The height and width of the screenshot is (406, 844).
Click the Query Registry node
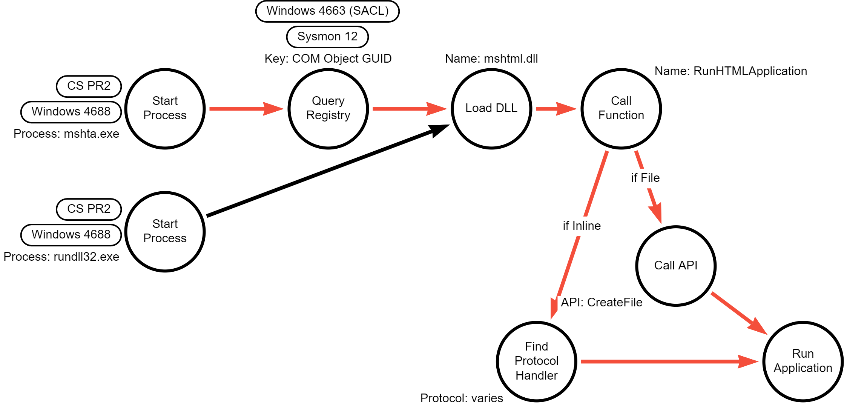click(x=328, y=108)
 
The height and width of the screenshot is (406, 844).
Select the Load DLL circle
click(x=491, y=108)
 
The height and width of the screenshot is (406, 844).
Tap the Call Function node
click(x=621, y=108)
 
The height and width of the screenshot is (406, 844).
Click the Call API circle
click(x=675, y=266)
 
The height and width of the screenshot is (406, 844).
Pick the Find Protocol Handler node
click(x=536, y=361)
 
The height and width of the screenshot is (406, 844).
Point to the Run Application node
click(x=803, y=361)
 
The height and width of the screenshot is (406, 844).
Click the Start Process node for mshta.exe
click(x=165, y=108)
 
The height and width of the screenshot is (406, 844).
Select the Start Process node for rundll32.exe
click(x=165, y=231)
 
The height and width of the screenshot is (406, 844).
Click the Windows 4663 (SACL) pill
click(x=327, y=11)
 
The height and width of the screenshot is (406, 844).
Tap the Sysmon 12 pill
click(x=327, y=37)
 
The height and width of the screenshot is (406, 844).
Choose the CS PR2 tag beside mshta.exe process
click(x=89, y=86)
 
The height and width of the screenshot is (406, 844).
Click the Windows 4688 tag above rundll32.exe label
click(x=71, y=235)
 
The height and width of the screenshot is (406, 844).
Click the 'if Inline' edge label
click(x=582, y=226)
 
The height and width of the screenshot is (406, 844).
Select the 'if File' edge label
click(x=645, y=178)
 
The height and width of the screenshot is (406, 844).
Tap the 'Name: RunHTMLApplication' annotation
click(x=730, y=71)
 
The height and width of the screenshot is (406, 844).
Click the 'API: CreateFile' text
click(x=602, y=302)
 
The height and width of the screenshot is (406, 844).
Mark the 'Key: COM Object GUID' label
click(x=328, y=58)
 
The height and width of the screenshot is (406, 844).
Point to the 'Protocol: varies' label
click(x=461, y=398)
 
